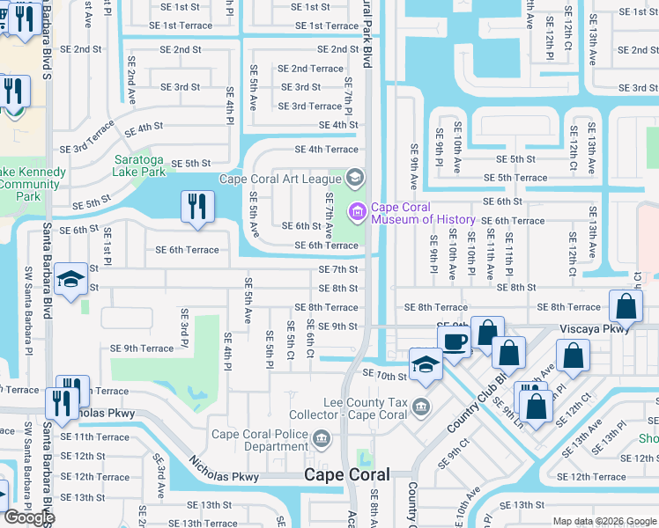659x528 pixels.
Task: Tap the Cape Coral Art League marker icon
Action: (354, 179)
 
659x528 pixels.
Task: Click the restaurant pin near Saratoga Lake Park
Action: (196, 208)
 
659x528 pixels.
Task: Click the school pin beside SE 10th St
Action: (426, 364)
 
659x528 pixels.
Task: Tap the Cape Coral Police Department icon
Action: (322, 436)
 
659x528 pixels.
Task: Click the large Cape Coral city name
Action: (346, 474)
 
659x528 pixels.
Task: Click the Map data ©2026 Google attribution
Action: (604, 521)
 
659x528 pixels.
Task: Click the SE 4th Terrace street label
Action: (326, 150)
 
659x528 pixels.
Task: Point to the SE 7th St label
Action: (337, 269)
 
